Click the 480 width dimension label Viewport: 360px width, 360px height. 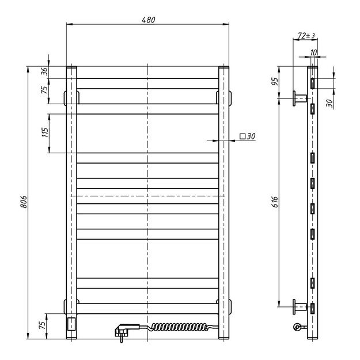(x=149, y=19)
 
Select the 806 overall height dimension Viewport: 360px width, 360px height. (x=23, y=201)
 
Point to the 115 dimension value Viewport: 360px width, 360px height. (x=45, y=133)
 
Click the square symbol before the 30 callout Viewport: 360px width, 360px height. (x=243, y=137)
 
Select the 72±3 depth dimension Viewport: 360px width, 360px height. (x=306, y=36)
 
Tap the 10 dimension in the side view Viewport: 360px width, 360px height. (x=313, y=52)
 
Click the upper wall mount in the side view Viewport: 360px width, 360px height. (x=300, y=98)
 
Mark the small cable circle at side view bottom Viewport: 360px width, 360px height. (x=297, y=328)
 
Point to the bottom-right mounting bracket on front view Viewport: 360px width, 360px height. (x=228, y=306)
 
